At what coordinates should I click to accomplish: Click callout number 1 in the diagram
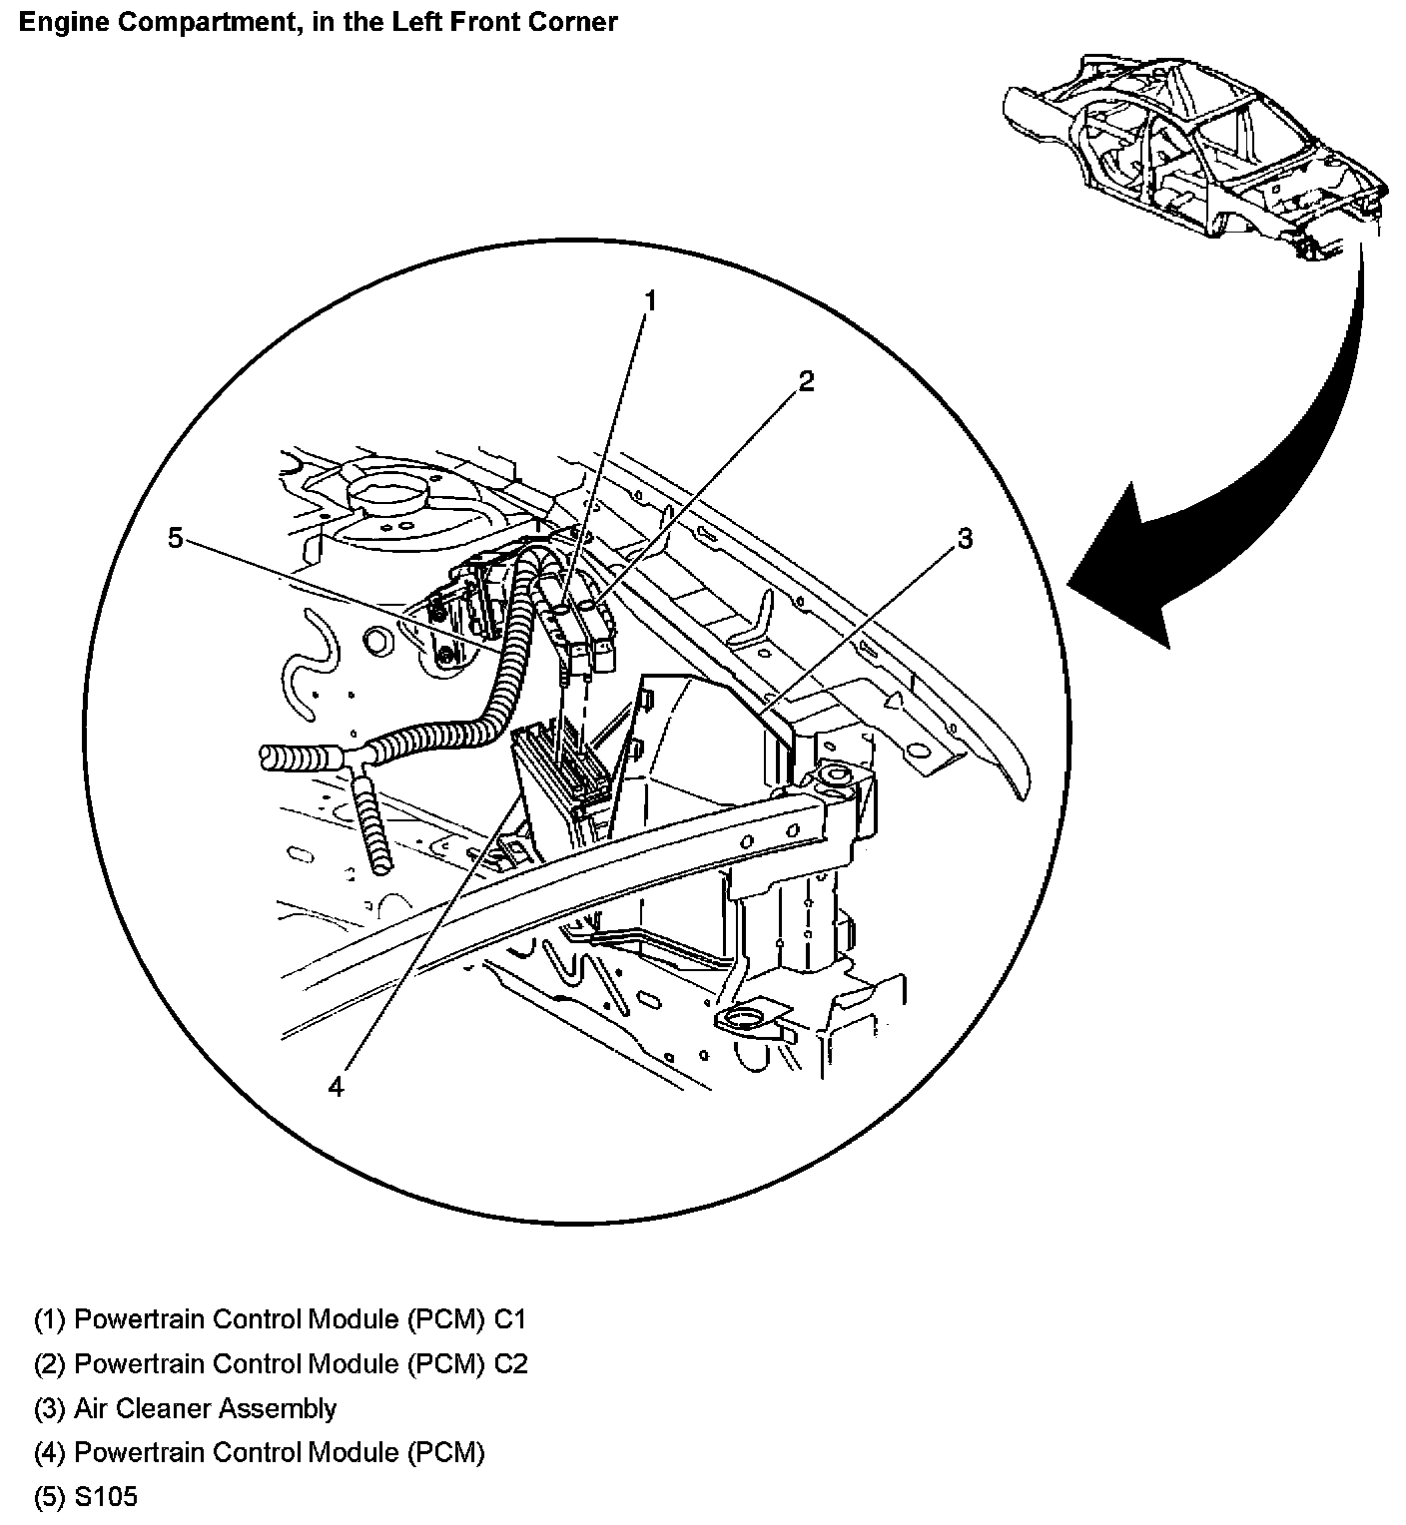[649, 300]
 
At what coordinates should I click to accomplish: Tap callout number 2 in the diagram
[806, 380]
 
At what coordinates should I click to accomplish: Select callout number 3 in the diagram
[964, 539]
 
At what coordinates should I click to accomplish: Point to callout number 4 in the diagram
[336, 1087]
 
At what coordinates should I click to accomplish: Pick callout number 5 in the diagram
[176, 539]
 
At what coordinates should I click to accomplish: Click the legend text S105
[106, 1497]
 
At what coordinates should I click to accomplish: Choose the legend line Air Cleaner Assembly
[205, 1408]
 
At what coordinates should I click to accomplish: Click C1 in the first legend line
[509, 1319]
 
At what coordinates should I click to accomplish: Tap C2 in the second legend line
[510, 1363]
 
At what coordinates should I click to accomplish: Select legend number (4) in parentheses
[50, 1452]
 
